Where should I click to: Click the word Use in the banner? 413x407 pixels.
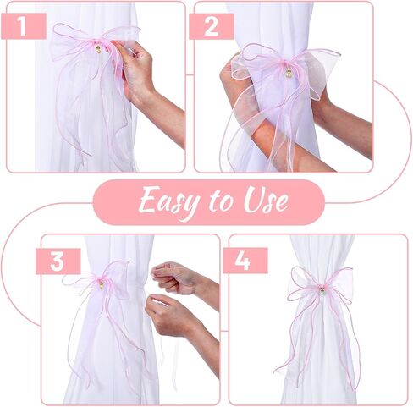point(263,202)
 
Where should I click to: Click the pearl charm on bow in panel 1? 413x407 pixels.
point(96,50)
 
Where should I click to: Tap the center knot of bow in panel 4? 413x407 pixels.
point(321,291)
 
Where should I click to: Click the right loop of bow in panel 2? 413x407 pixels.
point(317,68)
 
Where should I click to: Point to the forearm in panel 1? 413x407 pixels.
point(165,106)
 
